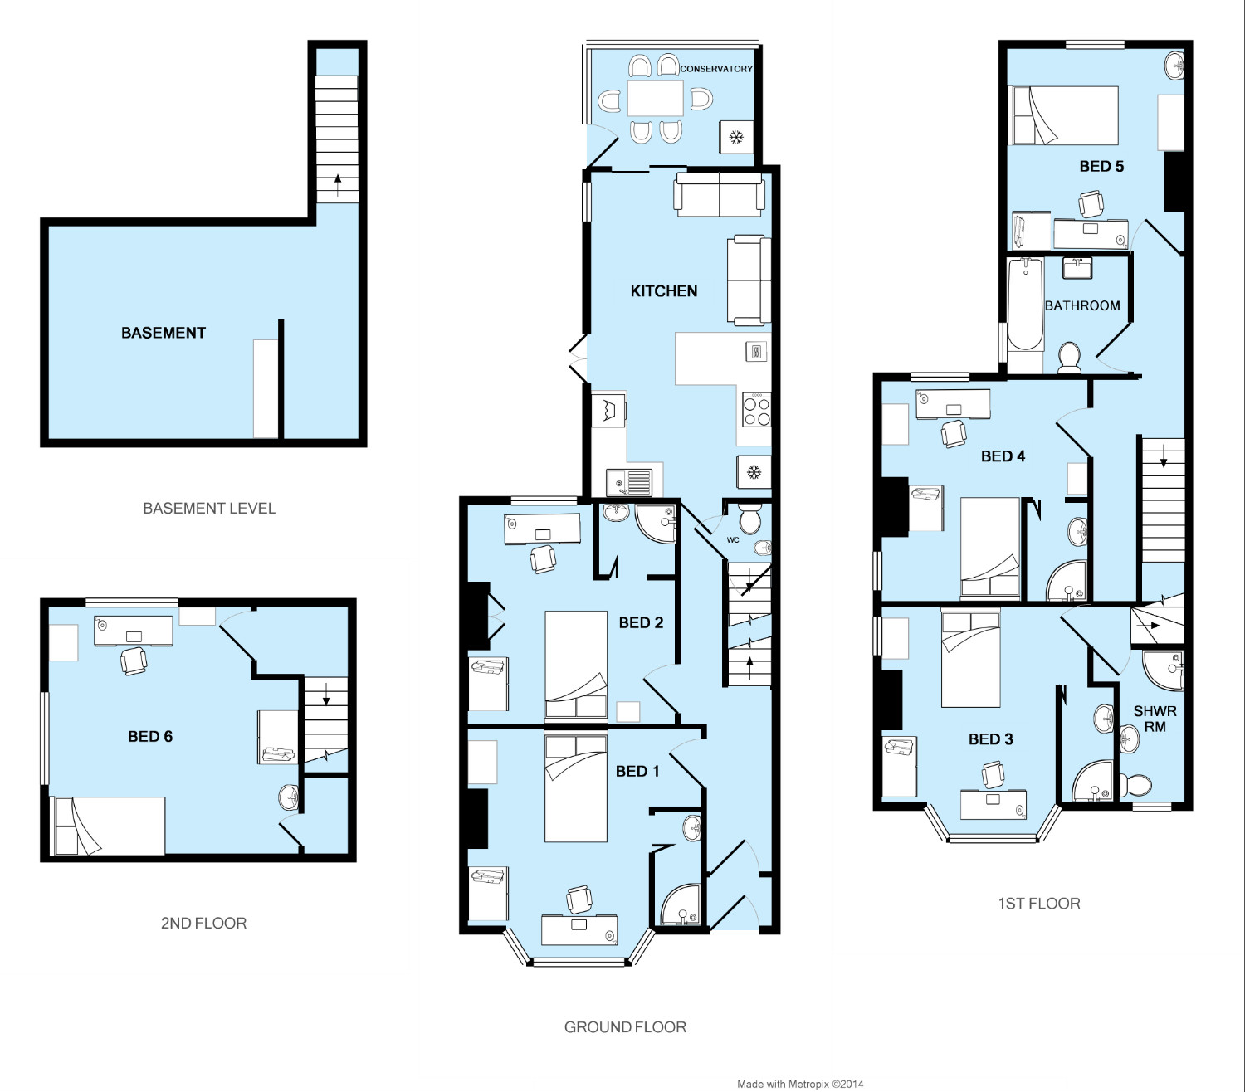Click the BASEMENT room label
pyautogui.click(x=163, y=333)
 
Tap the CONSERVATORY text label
pyautogui.click(x=716, y=69)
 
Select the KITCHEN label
pyautogui.click(x=664, y=291)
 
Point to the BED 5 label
pyautogui.click(x=1101, y=167)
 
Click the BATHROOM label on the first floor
pyautogui.click(x=1082, y=305)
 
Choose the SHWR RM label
pyautogui.click(x=1155, y=719)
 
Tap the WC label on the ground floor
pyautogui.click(x=733, y=540)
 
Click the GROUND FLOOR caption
pyautogui.click(x=625, y=1026)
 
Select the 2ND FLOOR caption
pyautogui.click(x=203, y=923)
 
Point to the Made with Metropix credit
pyautogui.click(x=800, y=1084)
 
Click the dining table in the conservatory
pyautogui.click(x=655, y=98)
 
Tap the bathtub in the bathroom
pyautogui.click(x=1025, y=305)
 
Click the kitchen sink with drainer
pyautogui.click(x=628, y=482)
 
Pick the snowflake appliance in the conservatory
pyautogui.click(x=736, y=137)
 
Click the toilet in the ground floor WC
pyautogui.click(x=749, y=519)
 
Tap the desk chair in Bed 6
pyautogui.click(x=134, y=661)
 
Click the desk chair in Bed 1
pyautogui.click(x=579, y=899)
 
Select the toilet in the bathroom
pyautogui.click(x=1070, y=357)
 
